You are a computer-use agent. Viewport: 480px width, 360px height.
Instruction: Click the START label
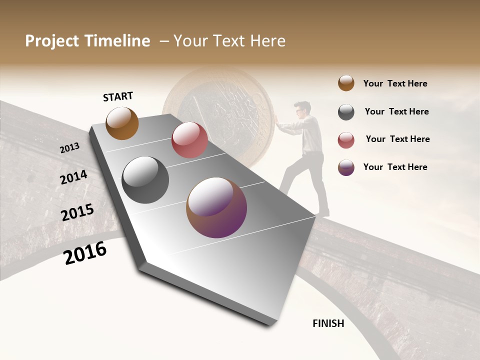pos(118,96)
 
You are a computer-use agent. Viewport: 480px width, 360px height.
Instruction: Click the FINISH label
pos(328,323)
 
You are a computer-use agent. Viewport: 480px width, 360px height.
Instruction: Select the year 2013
pos(69,148)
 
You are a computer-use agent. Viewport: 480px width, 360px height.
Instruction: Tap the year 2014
pos(73,177)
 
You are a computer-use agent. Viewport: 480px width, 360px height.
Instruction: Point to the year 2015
pos(77,212)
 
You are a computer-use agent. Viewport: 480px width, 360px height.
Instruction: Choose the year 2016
pos(85,252)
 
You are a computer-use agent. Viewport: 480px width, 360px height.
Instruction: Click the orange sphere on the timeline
pos(122,123)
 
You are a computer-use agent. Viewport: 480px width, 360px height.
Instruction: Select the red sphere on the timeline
pos(189,140)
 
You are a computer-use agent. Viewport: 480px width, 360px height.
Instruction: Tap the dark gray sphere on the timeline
pos(145,180)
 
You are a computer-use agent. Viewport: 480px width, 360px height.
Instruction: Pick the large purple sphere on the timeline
pos(216,207)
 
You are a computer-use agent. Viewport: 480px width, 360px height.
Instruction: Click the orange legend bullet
pos(346,83)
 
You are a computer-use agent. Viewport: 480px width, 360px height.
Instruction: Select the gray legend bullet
pos(346,112)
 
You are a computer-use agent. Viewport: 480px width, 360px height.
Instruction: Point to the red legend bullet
pos(346,140)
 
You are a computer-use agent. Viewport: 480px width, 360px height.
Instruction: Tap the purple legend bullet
pos(346,167)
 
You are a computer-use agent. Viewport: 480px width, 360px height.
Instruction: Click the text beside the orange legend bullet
pos(395,83)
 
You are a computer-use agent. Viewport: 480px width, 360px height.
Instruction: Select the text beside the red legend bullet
pos(397,139)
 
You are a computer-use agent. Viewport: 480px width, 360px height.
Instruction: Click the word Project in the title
pos(52,41)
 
